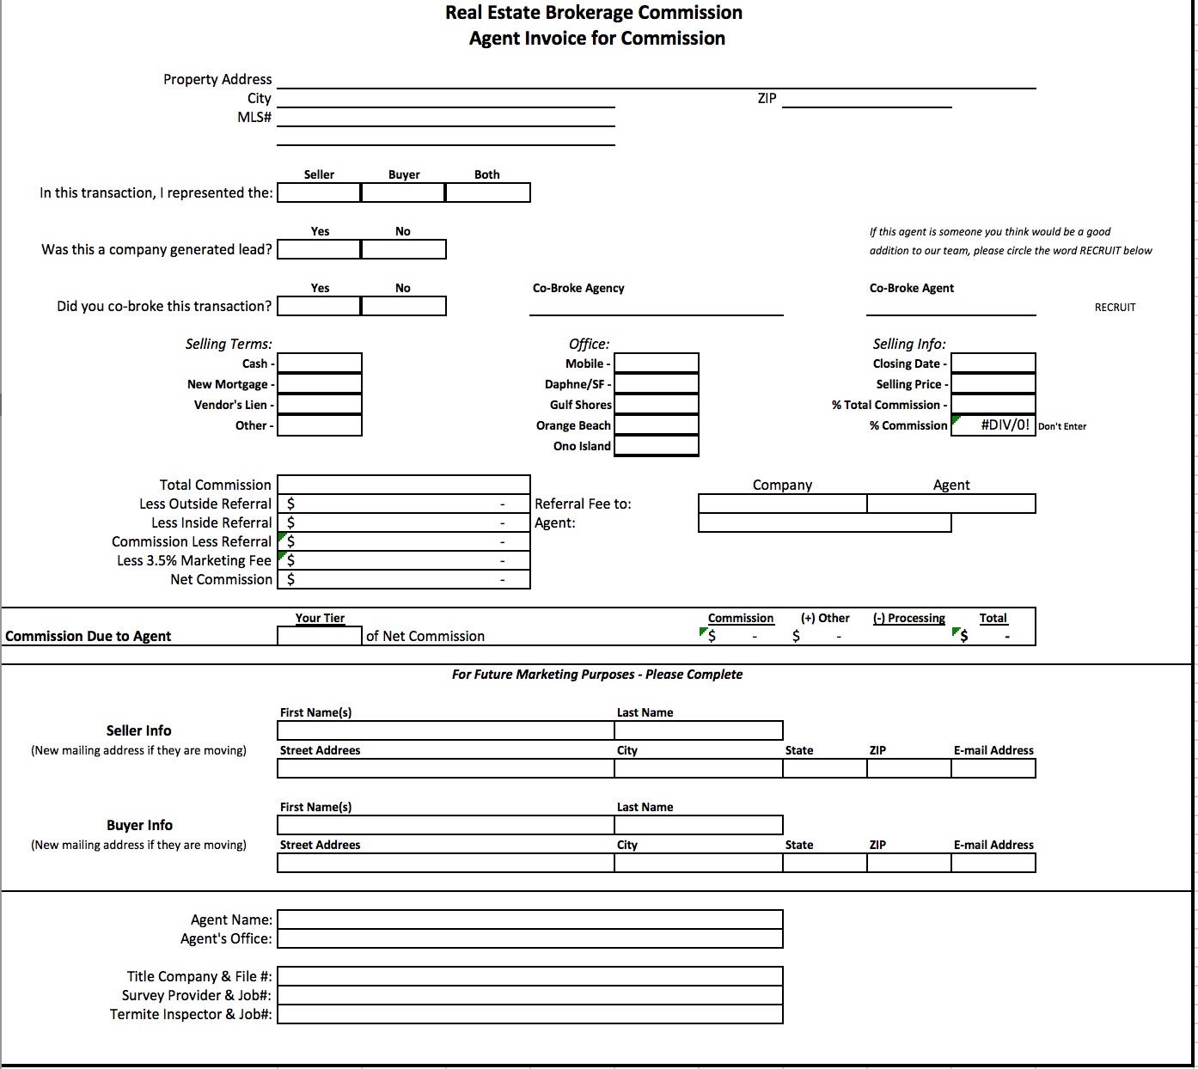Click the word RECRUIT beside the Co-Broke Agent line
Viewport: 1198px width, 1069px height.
[1115, 307]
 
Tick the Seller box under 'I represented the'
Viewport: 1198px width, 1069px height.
[319, 192]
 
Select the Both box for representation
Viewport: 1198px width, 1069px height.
[487, 192]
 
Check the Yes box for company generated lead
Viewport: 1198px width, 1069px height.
[319, 249]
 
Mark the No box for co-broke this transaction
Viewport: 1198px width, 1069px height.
[403, 306]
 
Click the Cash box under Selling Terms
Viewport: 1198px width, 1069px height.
[319, 363]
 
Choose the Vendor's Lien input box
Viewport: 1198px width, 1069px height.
[319, 405]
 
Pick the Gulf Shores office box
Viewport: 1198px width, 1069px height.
[656, 405]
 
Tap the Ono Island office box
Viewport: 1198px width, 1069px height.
[656, 446]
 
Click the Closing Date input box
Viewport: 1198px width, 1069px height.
[993, 363]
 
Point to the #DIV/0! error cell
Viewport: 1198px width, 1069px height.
[994, 425]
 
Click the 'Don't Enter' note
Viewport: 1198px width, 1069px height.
[1062, 426]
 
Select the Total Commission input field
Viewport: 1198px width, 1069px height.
[403, 485]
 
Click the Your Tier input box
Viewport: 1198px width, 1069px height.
[319, 636]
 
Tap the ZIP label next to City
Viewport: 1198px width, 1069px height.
[767, 98]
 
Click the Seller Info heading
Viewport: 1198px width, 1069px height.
[138, 730]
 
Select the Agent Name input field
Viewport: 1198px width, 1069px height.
[529, 919]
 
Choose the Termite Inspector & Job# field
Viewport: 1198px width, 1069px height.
[529, 1014]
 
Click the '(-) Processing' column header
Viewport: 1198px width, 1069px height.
[908, 618]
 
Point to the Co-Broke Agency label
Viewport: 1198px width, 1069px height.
[578, 288]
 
